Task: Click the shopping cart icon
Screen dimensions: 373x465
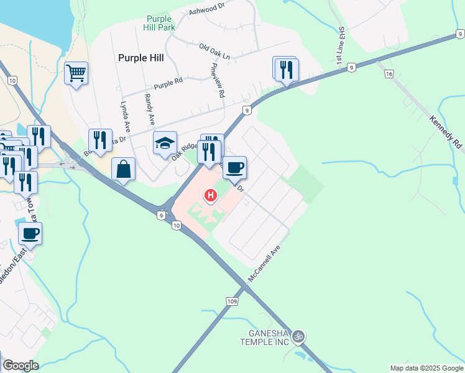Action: coord(76,73)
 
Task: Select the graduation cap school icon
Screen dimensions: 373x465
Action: coord(165,143)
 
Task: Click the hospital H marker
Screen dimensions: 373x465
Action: coord(211,196)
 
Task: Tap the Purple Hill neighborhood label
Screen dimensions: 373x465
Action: coord(140,57)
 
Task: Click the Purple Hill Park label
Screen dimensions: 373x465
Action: coord(161,23)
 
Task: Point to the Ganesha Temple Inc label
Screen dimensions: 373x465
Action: coord(265,337)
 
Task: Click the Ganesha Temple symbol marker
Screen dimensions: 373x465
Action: coord(299,336)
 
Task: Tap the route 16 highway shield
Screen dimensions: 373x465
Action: coord(389,74)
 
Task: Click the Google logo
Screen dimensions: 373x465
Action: coord(21,366)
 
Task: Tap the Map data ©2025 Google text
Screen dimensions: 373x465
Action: coord(426,368)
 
